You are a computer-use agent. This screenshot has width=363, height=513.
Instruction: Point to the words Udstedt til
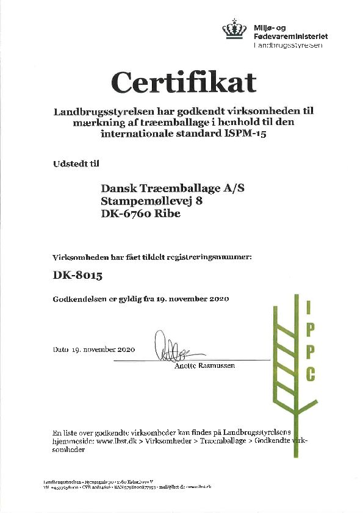tap(72, 163)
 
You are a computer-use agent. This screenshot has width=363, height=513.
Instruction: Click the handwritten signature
tap(171, 347)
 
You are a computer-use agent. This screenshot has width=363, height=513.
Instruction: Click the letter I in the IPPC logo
tap(309, 308)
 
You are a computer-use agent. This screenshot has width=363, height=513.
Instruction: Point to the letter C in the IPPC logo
tap(311, 373)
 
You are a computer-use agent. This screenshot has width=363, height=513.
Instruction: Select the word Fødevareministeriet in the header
tap(290, 37)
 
